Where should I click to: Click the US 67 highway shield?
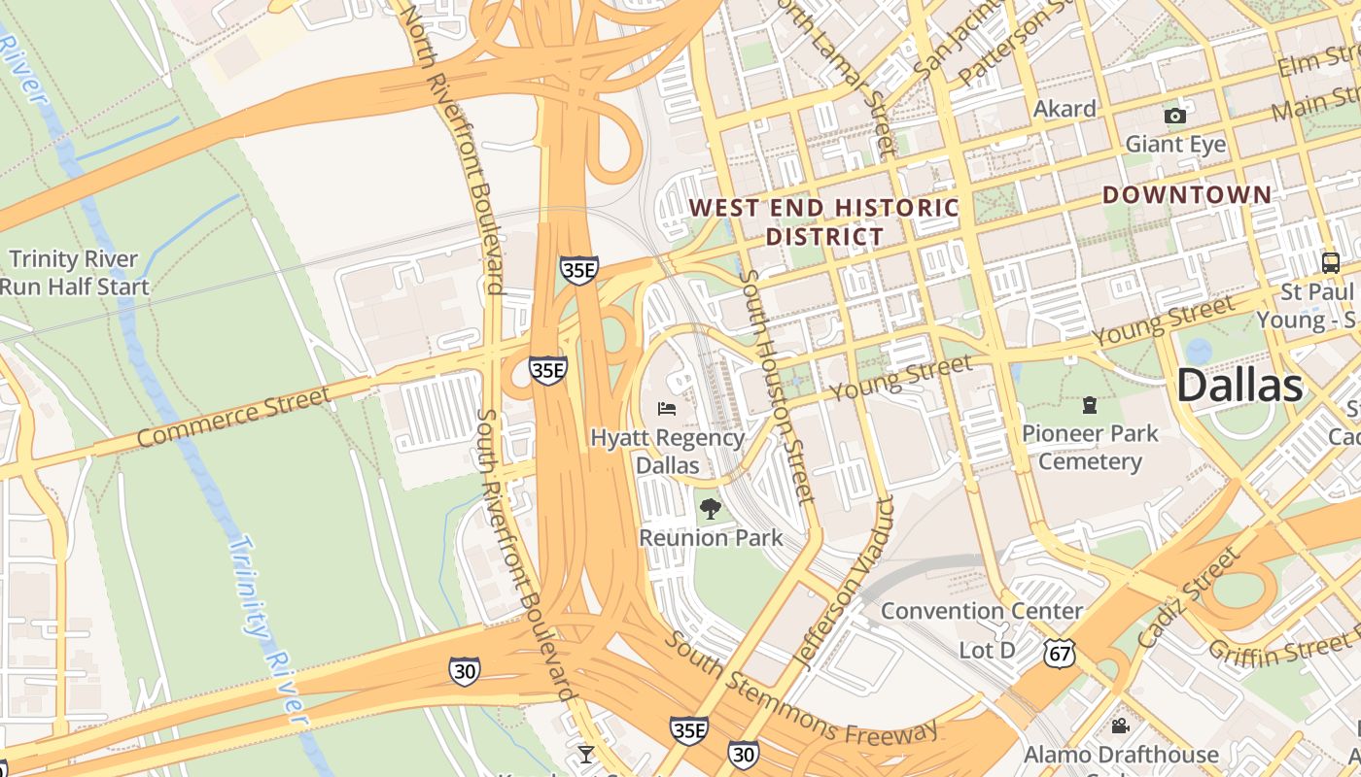[x=1060, y=653]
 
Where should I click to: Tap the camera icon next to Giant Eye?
[x=1175, y=117]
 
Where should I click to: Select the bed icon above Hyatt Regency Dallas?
[x=667, y=408]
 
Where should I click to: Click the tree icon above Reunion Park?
[x=711, y=508]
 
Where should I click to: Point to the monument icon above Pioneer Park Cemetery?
[x=1090, y=404]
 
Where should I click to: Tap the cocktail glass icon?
[x=585, y=754]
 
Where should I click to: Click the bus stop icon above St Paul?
[x=1330, y=262]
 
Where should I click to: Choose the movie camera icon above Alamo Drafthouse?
[x=1120, y=726]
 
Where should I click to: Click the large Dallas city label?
[x=1239, y=386]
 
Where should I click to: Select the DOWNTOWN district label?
[x=1187, y=195]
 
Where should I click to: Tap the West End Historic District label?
[x=824, y=221]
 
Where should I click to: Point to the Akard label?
[x=1064, y=109]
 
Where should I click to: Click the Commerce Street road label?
[x=233, y=417]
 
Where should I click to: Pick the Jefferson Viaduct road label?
[x=843, y=583]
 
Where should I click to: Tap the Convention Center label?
[x=982, y=611]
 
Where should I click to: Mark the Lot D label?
[x=987, y=650]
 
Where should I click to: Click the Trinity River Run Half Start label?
[x=74, y=273]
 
